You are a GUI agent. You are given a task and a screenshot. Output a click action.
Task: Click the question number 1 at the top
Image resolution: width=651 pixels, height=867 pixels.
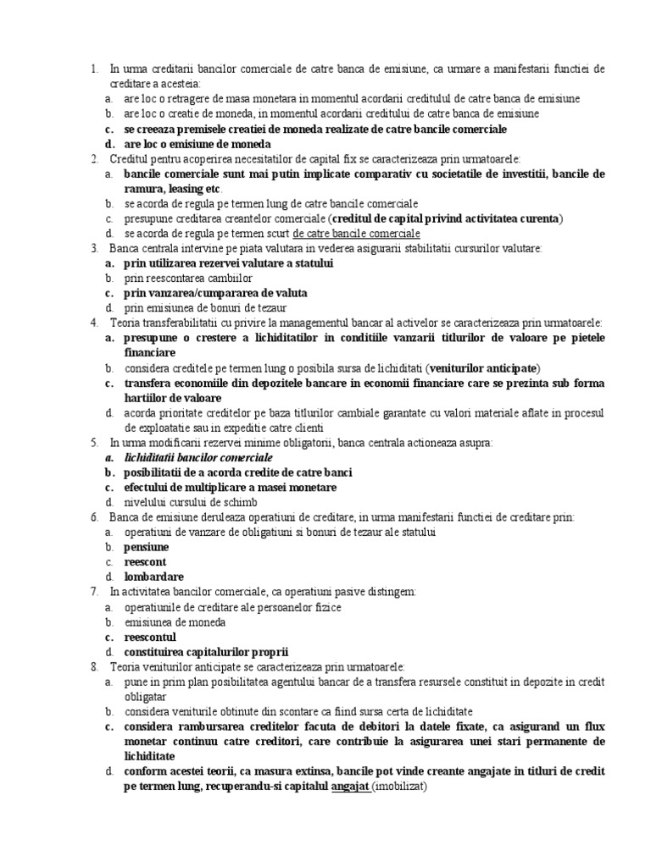94,69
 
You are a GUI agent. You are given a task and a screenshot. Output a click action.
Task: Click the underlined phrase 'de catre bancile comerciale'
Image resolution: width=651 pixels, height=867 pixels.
356,234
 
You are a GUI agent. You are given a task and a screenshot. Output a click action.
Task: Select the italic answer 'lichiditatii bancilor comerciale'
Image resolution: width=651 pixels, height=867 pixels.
198,457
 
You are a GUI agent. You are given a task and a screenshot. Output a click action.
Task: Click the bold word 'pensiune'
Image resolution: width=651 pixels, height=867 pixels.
147,547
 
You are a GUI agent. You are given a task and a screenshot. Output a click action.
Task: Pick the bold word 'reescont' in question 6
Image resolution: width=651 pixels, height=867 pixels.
145,562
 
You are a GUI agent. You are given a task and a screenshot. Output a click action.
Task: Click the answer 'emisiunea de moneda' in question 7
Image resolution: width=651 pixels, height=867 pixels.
175,622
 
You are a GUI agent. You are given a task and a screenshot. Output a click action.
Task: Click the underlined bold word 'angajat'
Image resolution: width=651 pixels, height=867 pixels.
349,787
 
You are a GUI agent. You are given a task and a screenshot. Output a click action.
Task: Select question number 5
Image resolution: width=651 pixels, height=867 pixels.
94,443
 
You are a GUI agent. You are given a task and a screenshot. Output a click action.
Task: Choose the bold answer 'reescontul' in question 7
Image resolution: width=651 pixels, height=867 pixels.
150,638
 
